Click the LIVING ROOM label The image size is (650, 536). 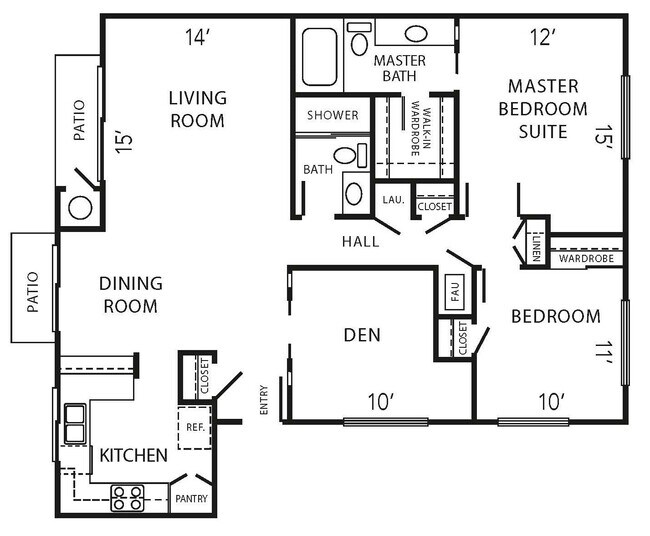pos(197,109)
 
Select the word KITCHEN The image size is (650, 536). pos(133,456)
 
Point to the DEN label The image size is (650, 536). pos(361,334)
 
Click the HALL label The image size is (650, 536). pos(360,241)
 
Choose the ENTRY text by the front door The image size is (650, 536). pos(265,401)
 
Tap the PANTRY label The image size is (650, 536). pos(191,497)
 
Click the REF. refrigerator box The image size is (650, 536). pos(195,426)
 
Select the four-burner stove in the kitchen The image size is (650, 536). pos(127,497)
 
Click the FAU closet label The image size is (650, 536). pos(453,293)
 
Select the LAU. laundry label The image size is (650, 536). pos(393,200)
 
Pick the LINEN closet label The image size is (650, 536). pos(537,244)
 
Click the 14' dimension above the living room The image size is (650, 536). pos(198,38)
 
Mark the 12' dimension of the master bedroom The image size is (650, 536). pos(541,38)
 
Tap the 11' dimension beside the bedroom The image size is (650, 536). pos(602,353)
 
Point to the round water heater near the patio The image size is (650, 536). pos(80,208)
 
